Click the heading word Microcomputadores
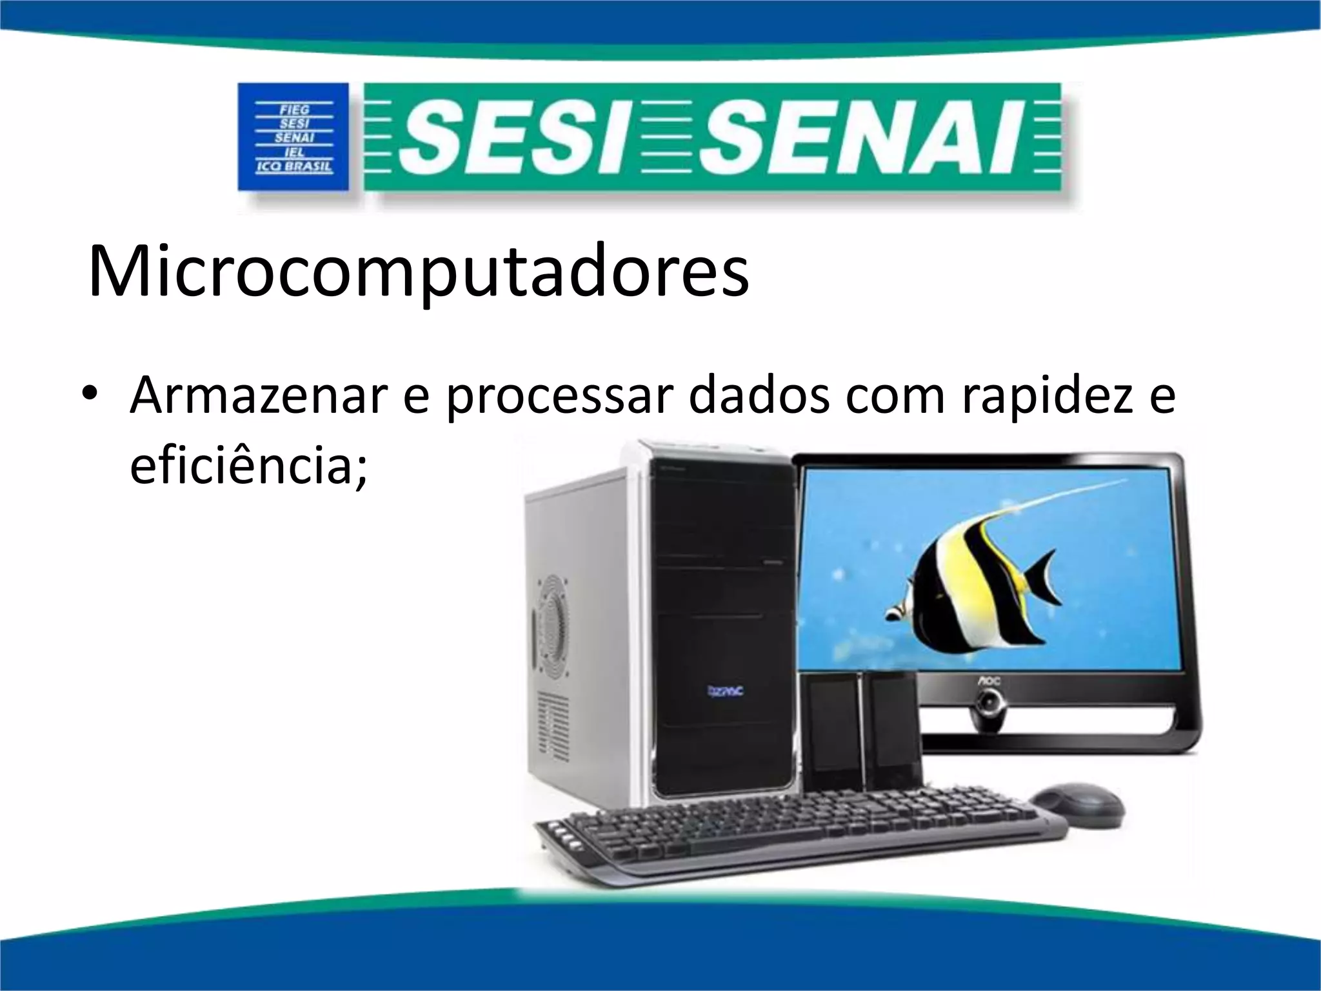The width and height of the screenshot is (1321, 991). point(418,271)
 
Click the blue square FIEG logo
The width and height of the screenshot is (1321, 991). point(293,137)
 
